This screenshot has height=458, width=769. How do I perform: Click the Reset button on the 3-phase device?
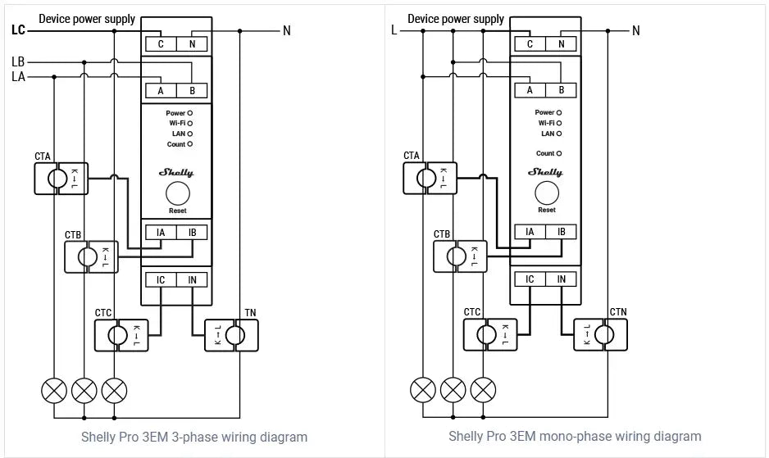[x=177, y=193]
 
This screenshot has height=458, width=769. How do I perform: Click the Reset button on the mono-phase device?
[x=546, y=193]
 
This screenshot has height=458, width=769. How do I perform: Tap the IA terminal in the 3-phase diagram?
[x=161, y=233]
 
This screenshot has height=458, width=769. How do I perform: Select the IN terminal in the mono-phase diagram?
[x=562, y=279]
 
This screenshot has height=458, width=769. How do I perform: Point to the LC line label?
[x=19, y=30]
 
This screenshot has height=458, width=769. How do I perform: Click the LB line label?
[x=18, y=61]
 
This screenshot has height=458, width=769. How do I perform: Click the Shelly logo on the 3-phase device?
[x=177, y=172]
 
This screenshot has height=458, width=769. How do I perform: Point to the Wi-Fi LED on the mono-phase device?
[x=558, y=123]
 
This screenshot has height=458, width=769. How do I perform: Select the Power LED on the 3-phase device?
[x=189, y=112]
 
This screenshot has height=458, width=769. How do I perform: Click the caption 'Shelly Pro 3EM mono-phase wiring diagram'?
[x=575, y=436]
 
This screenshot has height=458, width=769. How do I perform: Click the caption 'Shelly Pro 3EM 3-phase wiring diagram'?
[x=194, y=437]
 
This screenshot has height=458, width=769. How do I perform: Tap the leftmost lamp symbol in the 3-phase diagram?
[x=54, y=391]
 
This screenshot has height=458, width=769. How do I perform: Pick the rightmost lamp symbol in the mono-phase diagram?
[x=484, y=391]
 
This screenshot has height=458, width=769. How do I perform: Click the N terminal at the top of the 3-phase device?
[x=192, y=44]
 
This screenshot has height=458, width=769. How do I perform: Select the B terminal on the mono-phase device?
[x=562, y=91]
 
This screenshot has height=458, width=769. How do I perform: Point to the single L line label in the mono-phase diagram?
[x=394, y=30]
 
